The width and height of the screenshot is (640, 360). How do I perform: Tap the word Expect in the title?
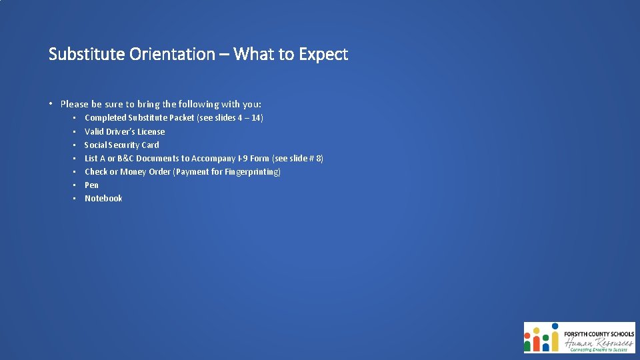(x=323, y=54)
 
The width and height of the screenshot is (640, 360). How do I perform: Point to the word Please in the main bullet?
(x=74, y=104)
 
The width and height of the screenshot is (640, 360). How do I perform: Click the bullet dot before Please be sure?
(x=51, y=104)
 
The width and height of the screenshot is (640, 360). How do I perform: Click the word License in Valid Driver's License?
(x=150, y=131)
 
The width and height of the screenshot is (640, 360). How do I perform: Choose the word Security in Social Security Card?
(x=125, y=145)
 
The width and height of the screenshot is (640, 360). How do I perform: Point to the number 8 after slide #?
(x=319, y=158)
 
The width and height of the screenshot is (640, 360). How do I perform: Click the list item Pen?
(x=91, y=185)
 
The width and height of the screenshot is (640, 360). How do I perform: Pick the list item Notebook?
(x=103, y=198)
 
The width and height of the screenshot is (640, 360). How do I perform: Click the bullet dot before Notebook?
(x=75, y=199)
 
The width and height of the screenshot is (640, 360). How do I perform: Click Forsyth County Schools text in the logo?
(x=599, y=333)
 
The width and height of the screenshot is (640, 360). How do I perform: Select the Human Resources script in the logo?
(x=597, y=343)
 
